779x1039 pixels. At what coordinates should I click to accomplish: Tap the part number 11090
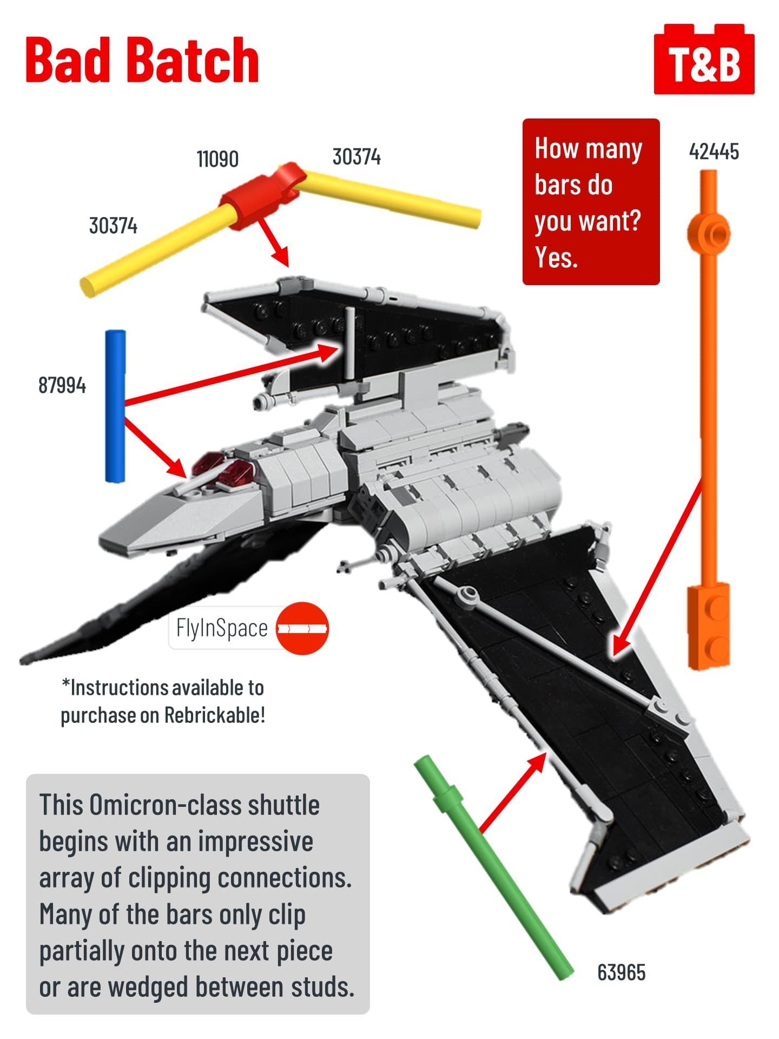(217, 159)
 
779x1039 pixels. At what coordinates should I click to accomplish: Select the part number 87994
(62, 385)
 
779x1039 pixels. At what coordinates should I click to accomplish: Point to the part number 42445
(714, 152)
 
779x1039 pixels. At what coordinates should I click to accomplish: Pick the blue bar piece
(115, 406)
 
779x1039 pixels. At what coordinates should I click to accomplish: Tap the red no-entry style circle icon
(302, 628)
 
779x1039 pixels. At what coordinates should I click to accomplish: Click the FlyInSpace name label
(222, 628)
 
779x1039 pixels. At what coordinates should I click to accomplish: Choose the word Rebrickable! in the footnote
(215, 715)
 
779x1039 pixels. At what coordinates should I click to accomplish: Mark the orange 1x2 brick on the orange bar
(709, 626)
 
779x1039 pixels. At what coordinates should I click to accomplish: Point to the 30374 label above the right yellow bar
(357, 157)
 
